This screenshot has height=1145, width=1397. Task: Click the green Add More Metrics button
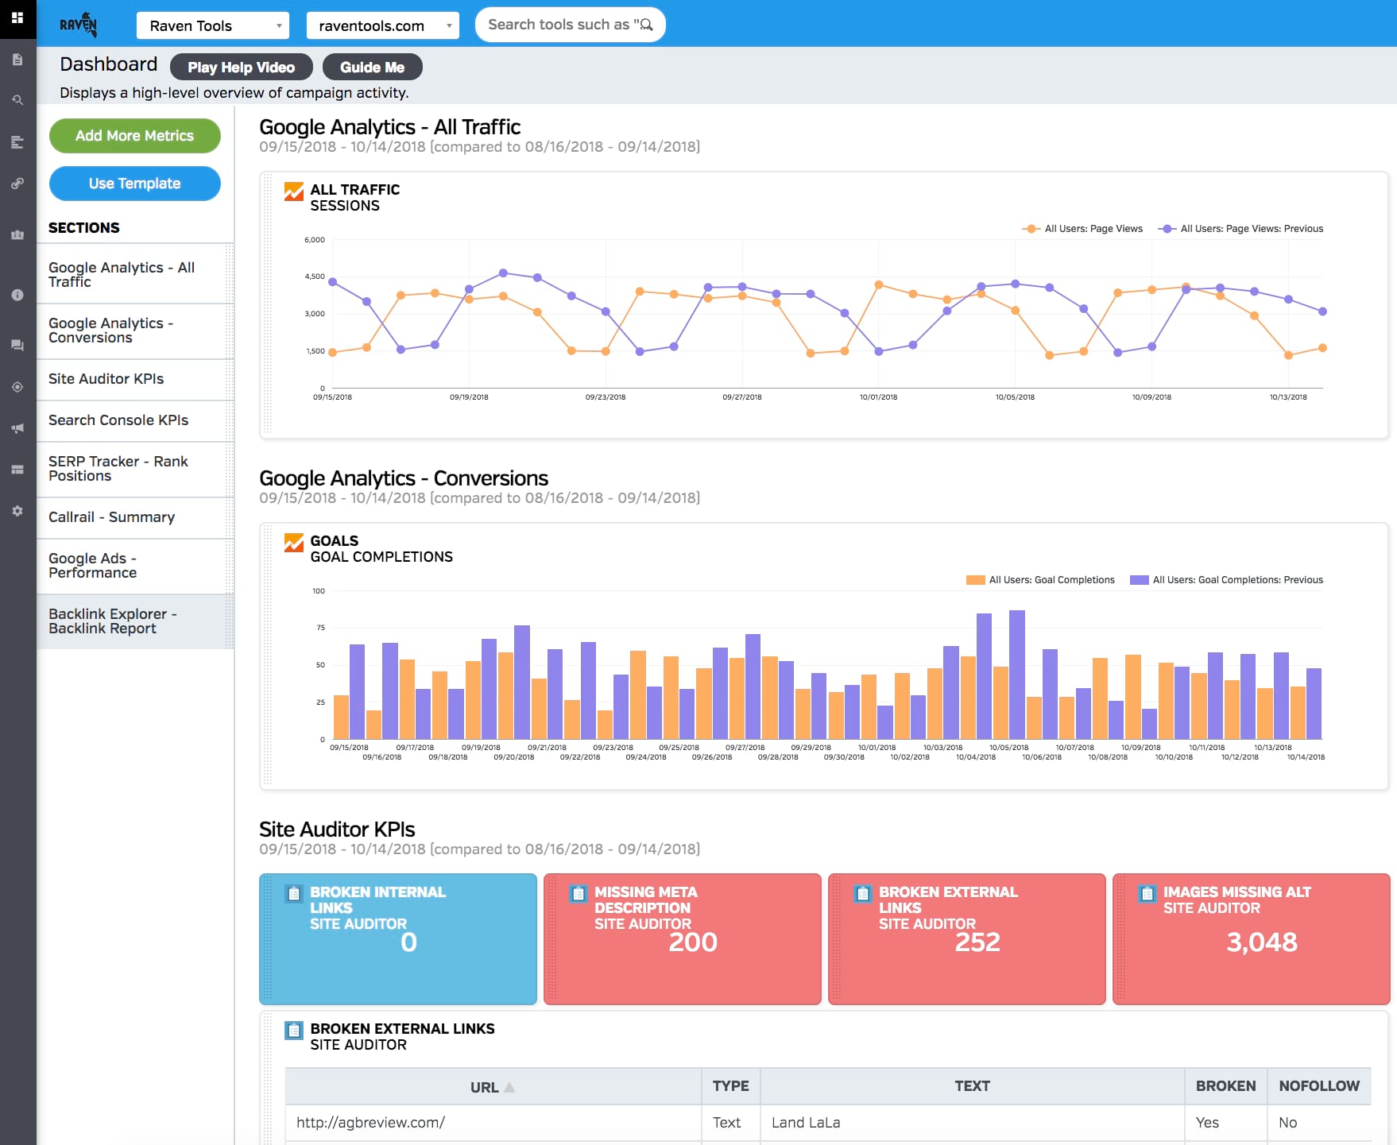click(134, 136)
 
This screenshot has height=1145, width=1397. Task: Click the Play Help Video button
click(241, 68)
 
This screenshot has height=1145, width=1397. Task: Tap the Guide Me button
click(372, 68)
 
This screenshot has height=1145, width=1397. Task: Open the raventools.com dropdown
click(382, 25)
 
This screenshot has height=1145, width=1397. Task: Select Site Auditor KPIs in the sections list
click(106, 379)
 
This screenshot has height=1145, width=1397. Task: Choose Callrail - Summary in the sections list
click(111, 517)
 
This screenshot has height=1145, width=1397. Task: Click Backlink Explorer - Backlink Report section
click(112, 621)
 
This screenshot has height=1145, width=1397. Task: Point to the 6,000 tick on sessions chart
click(315, 240)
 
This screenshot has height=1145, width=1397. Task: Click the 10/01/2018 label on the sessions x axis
click(878, 397)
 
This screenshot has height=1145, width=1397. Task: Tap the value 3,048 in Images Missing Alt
click(1261, 942)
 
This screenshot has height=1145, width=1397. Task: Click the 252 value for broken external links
click(977, 942)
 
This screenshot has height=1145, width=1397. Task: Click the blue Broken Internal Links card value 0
click(408, 942)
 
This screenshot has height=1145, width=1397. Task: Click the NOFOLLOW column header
click(1318, 1086)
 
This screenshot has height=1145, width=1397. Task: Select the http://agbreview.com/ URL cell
click(370, 1123)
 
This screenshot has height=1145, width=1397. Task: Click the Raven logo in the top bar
click(79, 25)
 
